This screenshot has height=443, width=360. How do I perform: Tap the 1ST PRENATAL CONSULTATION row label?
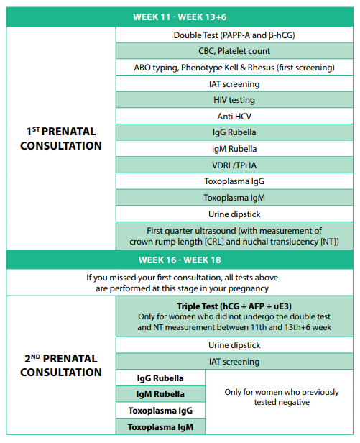(x=61, y=139)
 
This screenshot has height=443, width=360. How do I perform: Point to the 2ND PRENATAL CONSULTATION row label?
(x=61, y=365)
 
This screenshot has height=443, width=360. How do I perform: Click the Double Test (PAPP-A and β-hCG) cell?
(x=235, y=35)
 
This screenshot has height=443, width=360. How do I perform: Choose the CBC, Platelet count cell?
(x=235, y=51)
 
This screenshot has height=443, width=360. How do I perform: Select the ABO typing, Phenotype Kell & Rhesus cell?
(x=235, y=68)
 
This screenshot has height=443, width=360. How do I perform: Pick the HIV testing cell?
(x=235, y=100)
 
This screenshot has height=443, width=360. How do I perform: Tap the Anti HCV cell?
(x=235, y=117)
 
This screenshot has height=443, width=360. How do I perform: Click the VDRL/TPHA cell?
(x=235, y=165)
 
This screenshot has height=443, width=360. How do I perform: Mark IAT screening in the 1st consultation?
(x=235, y=83)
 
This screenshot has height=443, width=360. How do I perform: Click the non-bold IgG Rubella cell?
(x=235, y=132)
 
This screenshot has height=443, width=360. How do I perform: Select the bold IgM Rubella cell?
(x=160, y=394)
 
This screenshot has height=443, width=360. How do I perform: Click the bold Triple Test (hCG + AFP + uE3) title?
(x=235, y=306)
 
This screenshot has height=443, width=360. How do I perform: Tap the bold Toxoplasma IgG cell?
(x=160, y=411)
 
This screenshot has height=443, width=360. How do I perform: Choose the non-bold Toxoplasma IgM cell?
(x=235, y=198)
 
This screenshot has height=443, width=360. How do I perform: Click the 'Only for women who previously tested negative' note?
(x=281, y=397)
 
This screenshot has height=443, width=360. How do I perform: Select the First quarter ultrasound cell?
(x=235, y=236)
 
